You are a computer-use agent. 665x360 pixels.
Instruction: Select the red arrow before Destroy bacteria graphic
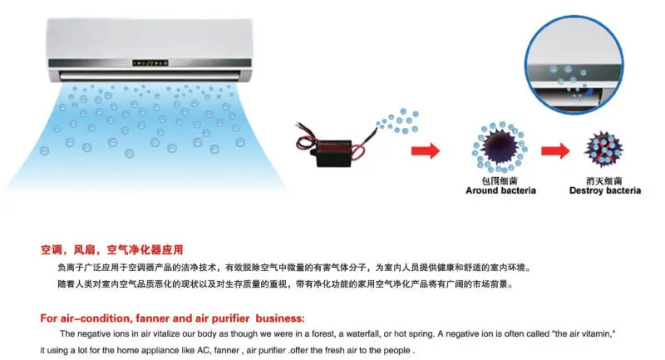point(554,150)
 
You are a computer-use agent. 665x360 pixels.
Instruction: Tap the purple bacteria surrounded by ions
point(500,147)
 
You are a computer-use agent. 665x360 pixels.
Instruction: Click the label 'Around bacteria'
point(500,190)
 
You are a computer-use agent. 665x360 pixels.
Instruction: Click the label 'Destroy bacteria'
point(604,190)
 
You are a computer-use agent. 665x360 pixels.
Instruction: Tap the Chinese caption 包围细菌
point(500,180)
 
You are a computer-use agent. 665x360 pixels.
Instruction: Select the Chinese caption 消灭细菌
point(604,180)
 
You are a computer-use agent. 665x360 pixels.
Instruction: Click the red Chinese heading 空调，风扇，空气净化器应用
point(111,249)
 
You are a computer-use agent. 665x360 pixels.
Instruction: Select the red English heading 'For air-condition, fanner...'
point(172,318)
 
